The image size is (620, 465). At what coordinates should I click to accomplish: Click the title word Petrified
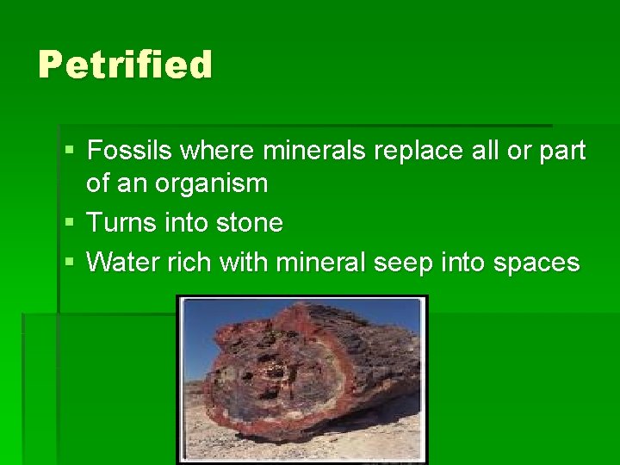[125, 65]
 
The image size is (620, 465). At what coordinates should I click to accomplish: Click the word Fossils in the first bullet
[128, 152]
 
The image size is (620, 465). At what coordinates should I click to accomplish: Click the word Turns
[121, 223]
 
